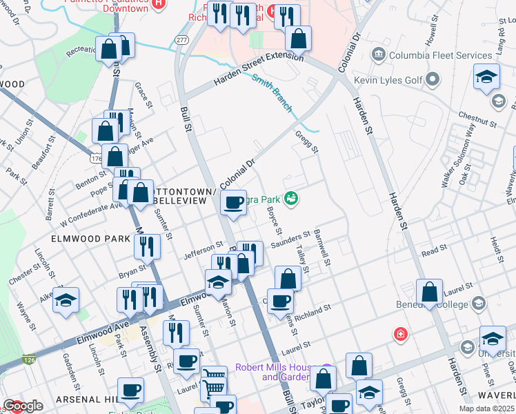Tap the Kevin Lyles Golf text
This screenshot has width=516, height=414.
point(388,80)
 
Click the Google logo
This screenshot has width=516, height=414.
point(23,406)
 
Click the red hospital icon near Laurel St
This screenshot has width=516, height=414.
point(399,335)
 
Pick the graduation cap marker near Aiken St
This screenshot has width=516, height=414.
point(66,300)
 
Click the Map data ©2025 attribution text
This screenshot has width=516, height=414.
point(486,408)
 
